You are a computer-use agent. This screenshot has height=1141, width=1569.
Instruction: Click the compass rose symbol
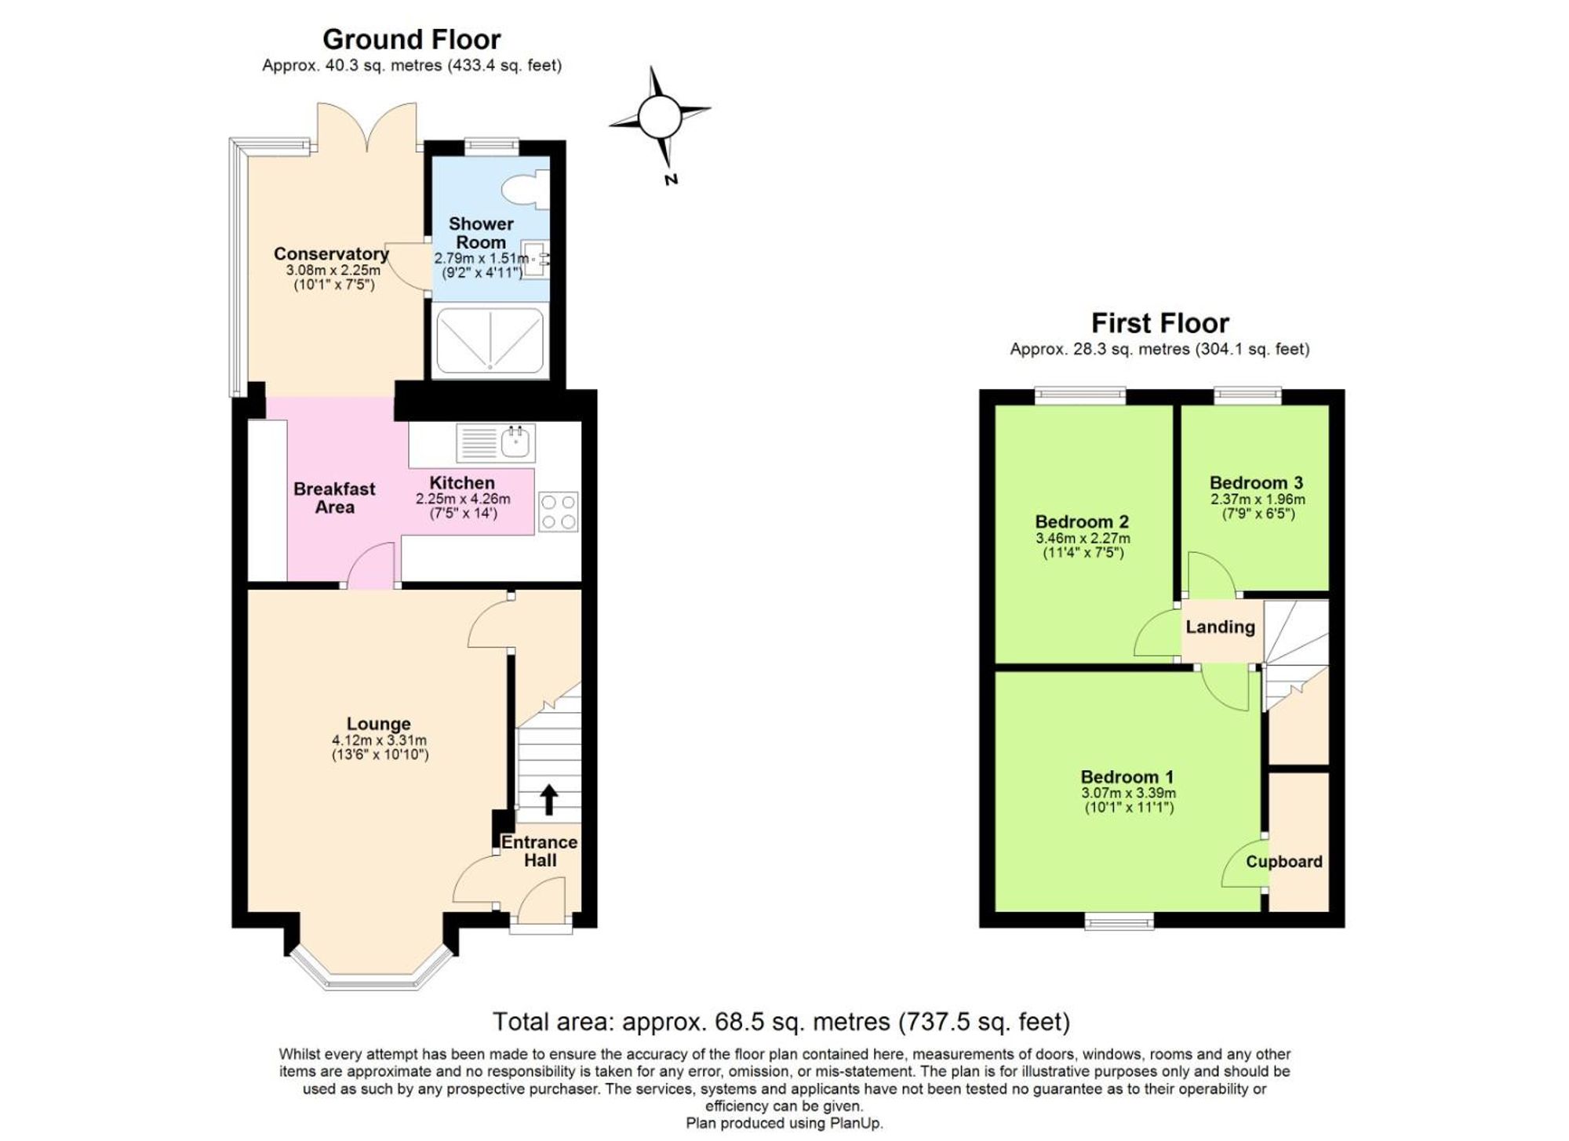(x=660, y=118)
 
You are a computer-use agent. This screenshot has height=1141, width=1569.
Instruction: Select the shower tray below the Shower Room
(x=490, y=340)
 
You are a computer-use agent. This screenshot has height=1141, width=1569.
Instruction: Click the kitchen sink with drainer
(x=496, y=443)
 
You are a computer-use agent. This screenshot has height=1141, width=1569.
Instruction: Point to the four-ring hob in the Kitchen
(x=559, y=512)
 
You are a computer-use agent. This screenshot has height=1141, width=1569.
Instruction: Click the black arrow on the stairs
(x=549, y=800)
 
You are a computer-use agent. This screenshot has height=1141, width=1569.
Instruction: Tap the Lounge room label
(x=379, y=724)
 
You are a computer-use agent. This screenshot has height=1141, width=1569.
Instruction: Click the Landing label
(x=1220, y=627)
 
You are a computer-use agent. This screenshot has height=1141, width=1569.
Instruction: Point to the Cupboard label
(x=1284, y=862)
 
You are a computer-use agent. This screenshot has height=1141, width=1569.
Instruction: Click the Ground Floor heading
(x=411, y=39)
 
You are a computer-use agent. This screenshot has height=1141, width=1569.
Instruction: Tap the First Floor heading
(x=1159, y=323)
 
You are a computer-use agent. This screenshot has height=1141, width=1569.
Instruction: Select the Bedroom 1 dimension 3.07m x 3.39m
(x=1128, y=793)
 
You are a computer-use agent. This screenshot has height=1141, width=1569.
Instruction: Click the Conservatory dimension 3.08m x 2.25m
(x=333, y=270)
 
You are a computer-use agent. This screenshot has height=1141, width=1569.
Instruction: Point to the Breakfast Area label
(x=334, y=498)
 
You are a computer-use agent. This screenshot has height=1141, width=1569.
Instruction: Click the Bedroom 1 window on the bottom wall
(x=1119, y=921)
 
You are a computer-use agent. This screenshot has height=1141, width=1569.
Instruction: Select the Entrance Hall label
(x=540, y=852)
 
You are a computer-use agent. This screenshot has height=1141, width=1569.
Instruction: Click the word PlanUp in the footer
(x=858, y=1123)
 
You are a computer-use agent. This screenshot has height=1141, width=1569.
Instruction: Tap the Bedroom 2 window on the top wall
(x=1080, y=396)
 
